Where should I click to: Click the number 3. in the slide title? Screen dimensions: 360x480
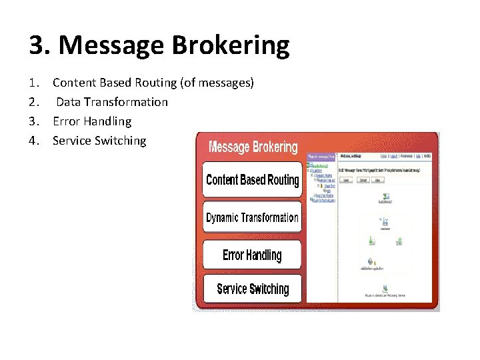40,46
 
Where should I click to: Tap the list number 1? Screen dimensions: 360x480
34,83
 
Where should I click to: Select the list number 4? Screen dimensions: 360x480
34,141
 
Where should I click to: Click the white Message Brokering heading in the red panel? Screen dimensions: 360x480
253,147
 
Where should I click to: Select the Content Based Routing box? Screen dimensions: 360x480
252,180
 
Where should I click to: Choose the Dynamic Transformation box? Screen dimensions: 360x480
252,218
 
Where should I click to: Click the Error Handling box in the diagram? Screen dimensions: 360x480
252,255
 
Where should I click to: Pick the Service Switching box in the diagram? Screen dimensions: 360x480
252,289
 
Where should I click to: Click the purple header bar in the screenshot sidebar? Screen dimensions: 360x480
320,156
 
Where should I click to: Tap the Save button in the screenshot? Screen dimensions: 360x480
347,180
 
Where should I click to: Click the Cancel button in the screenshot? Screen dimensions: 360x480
363,180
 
